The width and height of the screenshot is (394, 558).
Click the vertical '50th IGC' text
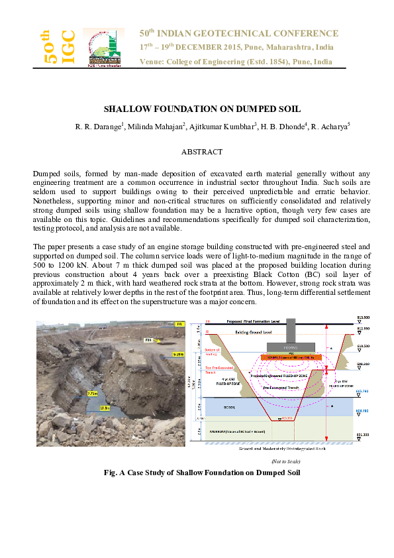pos(58,47)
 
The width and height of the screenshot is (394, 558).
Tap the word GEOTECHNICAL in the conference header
pos(251,34)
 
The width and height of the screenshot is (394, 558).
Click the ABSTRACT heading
pos(197,151)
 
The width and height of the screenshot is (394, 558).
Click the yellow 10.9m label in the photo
pos(105,408)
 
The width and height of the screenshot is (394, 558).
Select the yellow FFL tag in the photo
pos(178,324)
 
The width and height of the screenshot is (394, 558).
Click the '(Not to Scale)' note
pos(285,461)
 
